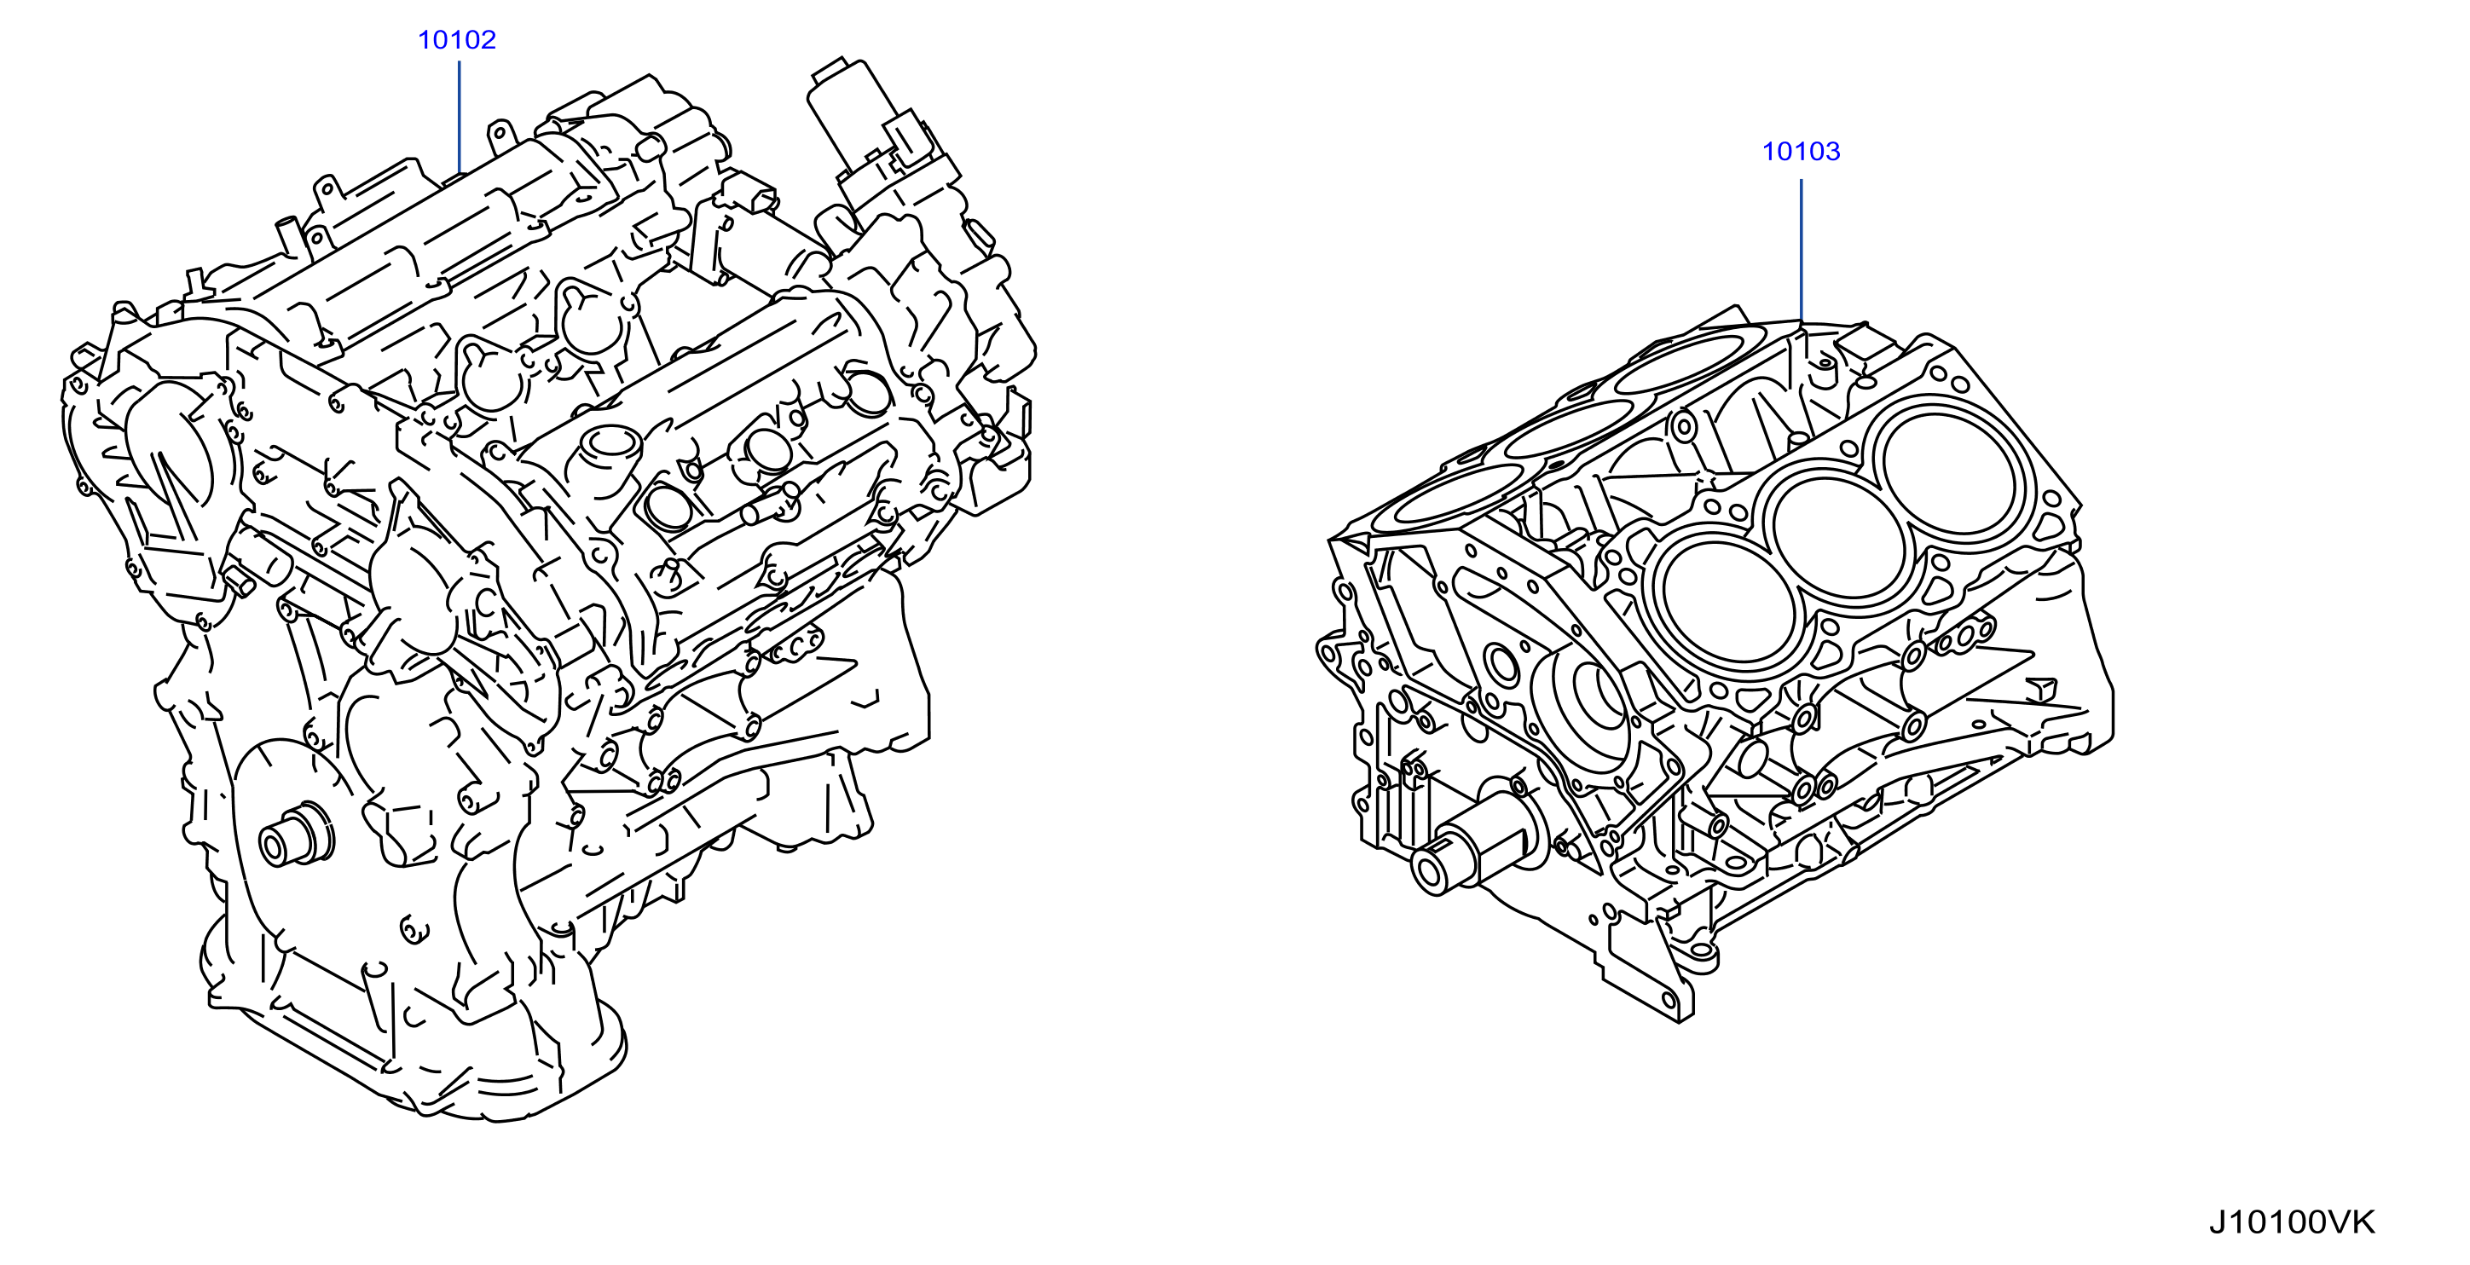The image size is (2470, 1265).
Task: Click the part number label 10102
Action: (456, 40)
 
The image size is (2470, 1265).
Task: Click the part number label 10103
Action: (1801, 152)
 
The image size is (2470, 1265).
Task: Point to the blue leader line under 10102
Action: (460, 117)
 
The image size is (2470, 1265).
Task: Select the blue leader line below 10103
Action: (1801, 249)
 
